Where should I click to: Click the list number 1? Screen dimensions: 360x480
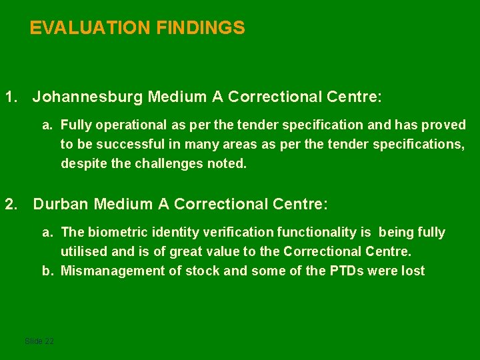point(10,97)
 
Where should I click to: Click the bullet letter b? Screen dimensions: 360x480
point(47,271)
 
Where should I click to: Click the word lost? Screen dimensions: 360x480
point(413,271)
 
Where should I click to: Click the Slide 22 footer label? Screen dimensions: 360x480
point(39,341)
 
